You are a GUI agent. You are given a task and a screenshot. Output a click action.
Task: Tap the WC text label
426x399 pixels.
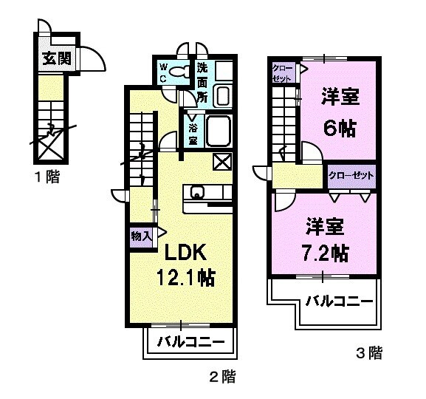coord(164,75)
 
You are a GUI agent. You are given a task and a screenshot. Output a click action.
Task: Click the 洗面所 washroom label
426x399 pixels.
coord(202,81)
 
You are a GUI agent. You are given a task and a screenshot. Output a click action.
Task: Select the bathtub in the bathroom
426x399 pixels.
coord(219,131)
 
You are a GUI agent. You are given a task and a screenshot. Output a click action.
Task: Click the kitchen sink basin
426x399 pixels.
coord(197,194)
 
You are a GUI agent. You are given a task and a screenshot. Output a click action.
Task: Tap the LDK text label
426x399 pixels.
coord(185,253)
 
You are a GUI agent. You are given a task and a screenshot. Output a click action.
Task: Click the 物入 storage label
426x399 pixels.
coord(140,236)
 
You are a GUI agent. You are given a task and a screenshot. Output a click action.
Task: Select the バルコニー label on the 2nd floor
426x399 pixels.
coord(191,342)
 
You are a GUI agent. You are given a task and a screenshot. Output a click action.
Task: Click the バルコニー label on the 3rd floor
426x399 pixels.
coord(337,301)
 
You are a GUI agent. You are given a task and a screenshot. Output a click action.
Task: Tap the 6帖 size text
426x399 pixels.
coord(339,127)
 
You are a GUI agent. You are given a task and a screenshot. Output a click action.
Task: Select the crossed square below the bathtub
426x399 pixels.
coord(221,161)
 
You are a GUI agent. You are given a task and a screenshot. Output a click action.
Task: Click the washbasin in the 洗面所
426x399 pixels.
coord(222,95)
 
